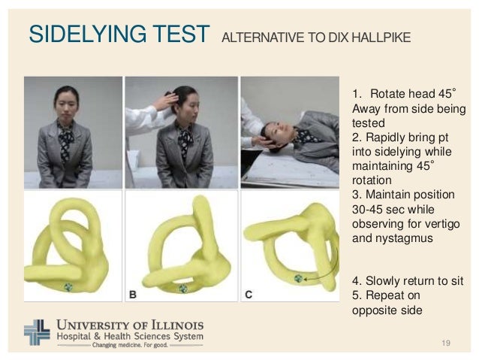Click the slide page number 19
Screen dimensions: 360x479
coord(447,343)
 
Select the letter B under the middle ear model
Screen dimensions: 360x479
coord(133,295)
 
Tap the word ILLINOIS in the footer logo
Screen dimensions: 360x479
coord(166,324)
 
